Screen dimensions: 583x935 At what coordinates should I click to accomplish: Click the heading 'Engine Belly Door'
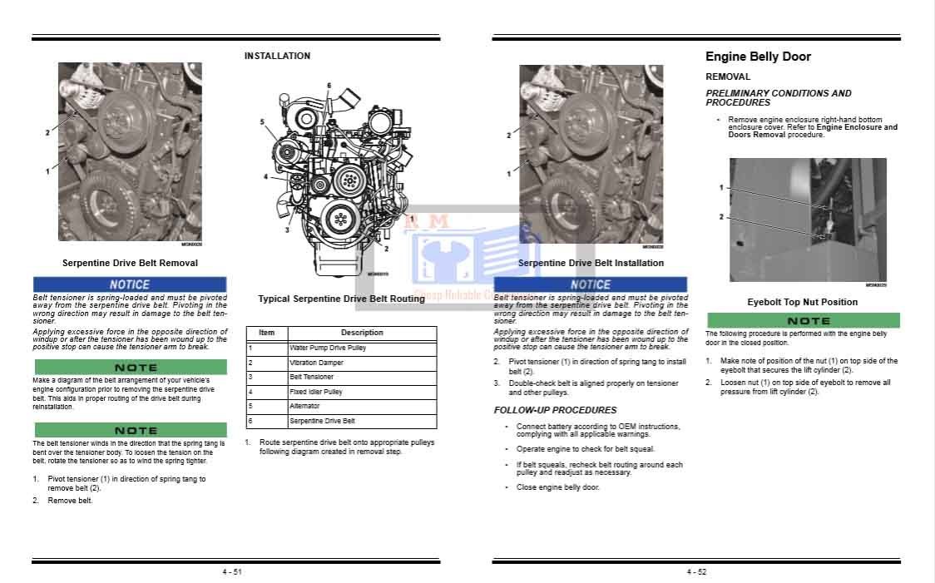click(758, 57)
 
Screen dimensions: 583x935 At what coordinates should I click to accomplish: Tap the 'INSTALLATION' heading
click(277, 56)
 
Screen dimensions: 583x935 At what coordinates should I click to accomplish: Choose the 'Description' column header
click(362, 333)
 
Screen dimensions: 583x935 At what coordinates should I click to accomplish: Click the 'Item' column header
click(266, 333)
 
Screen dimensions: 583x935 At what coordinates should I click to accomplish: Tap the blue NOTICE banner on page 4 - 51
click(130, 284)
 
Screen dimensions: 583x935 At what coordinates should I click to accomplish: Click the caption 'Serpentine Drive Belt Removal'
click(130, 263)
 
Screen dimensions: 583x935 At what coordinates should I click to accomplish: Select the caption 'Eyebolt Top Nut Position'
click(802, 302)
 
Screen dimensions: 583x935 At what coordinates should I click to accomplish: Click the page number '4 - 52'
click(696, 571)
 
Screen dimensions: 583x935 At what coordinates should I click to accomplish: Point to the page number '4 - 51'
click(232, 571)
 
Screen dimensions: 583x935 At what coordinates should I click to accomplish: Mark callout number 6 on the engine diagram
click(329, 86)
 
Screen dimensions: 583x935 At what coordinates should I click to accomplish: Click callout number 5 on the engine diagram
click(262, 122)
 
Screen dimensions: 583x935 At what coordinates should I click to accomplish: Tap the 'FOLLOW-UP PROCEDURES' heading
click(555, 410)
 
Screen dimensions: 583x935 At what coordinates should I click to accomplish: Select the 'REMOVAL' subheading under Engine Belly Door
click(728, 77)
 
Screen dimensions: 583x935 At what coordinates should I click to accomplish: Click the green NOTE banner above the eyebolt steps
click(803, 320)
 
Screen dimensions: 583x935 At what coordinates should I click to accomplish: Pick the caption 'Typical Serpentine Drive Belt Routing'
click(341, 299)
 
